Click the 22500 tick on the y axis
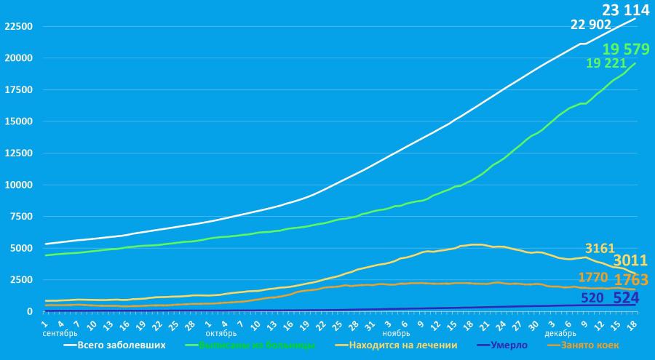coord(18,26)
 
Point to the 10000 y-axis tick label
coord(18,185)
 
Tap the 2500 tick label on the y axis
coord(20,279)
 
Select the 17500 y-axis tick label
coord(18,90)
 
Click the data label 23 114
coord(625,10)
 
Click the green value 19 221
coord(606,64)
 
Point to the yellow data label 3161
coord(600,249)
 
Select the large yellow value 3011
coord(630,261)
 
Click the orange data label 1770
coord(593,277)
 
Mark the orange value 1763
coord(630,281)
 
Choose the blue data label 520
coord(593,297)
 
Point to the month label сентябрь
coord(60,334)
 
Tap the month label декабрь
coord(560,334)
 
